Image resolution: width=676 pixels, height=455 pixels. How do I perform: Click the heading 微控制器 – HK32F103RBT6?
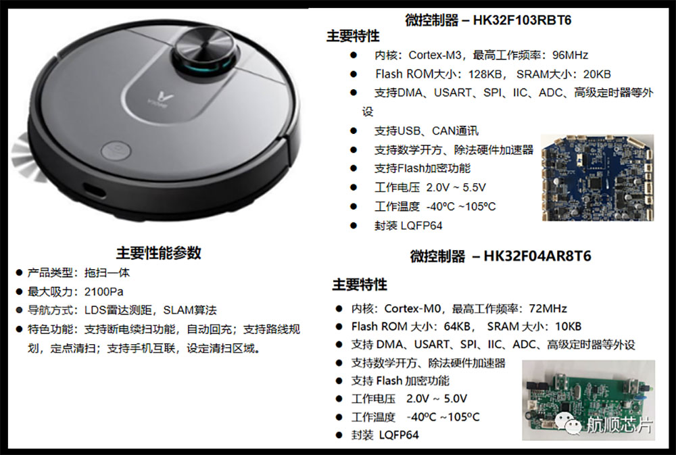488,20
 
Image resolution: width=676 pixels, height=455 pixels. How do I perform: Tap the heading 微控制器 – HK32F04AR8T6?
500,256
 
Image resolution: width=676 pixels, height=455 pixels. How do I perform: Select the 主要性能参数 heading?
159,253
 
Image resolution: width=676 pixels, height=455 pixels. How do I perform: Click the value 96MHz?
570,55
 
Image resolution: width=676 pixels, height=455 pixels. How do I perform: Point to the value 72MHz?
548,308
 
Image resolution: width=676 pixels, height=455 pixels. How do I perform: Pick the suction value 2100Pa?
103,291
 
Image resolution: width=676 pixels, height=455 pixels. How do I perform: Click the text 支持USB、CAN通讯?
426,130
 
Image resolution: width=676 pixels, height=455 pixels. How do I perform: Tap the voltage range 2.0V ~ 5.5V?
456,187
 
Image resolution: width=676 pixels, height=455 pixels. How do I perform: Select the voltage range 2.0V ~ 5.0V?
436,398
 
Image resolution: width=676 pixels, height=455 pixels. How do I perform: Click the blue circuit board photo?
598,177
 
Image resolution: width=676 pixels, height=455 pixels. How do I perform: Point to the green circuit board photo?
588,400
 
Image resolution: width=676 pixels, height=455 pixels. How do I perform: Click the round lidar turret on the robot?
206,53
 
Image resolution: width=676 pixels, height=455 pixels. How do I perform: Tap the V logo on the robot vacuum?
164,96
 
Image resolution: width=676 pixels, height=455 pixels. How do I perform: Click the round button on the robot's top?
116,151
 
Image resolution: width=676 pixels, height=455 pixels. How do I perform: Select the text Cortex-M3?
435,55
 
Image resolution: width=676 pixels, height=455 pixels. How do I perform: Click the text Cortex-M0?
412,308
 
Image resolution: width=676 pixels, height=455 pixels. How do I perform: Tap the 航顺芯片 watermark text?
619,425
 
